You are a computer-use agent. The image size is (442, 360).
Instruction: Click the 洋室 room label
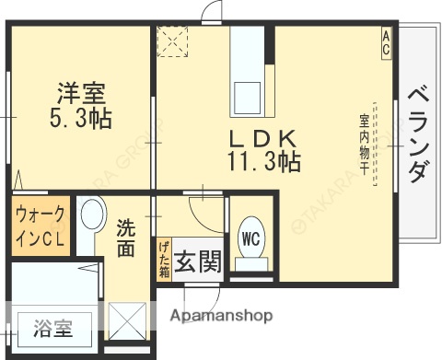click(x=82, y=93)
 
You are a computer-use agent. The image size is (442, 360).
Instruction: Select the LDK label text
click(x=263, y=138)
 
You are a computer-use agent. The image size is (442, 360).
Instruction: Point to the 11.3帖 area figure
click(x=263, y=163)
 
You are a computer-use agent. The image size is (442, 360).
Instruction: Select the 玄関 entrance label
click(x=198, y=262)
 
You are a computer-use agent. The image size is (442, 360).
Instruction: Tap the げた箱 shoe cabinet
click(x=163, y=257)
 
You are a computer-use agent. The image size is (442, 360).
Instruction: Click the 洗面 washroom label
click(x=127, y=237)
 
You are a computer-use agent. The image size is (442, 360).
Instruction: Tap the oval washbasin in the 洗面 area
click(x=91, y=219)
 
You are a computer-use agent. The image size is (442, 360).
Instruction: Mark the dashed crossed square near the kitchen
click(x=173, y=41)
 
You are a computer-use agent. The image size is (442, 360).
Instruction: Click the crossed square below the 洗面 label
click(x=127, y=321)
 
